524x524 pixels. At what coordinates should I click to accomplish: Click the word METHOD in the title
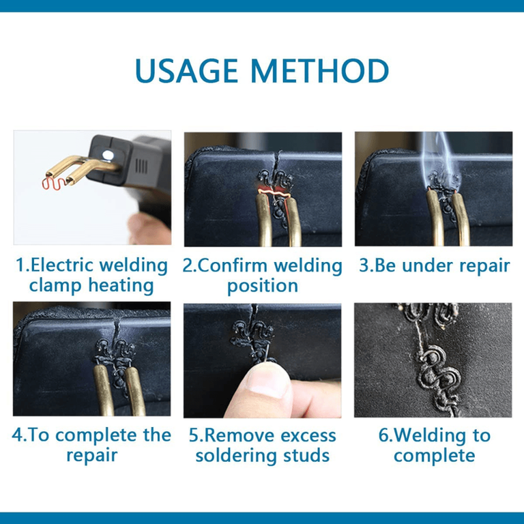point(320,71)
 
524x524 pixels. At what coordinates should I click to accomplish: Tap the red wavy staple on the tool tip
point(55,184)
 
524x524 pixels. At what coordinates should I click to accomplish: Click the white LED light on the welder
point(108,155)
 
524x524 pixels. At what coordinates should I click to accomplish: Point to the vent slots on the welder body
point(141,166)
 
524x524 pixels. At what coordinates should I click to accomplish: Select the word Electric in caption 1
point(62,265)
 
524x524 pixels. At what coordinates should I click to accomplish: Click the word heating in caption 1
point(121,286)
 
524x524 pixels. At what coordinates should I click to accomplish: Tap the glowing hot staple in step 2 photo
point(274,192)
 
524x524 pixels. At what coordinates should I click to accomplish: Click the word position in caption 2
point(263,287)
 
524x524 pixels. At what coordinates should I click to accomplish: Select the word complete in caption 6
point(435,456)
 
